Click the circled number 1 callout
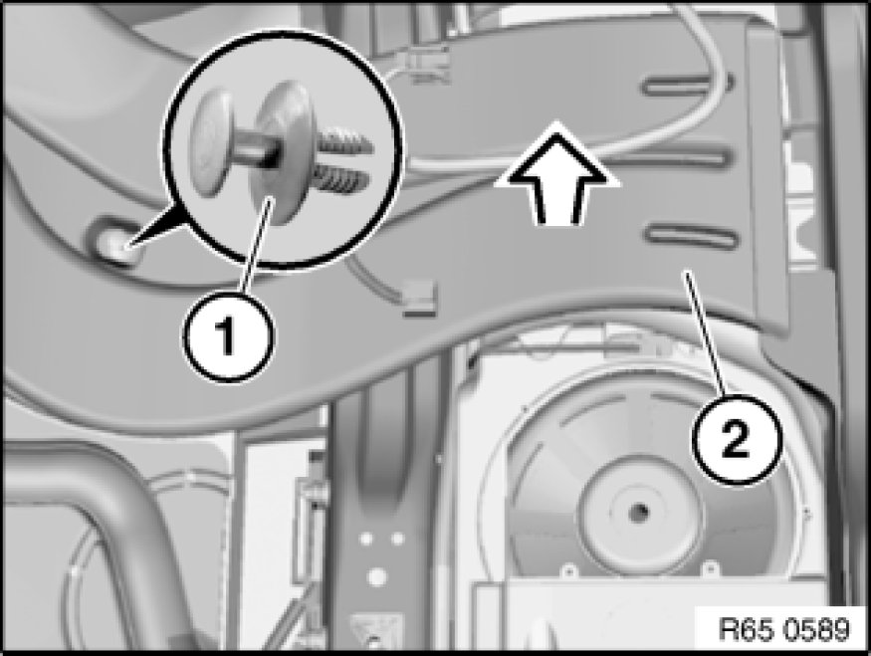click(228, 335)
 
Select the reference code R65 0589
click(783, 629)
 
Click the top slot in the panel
click(688, 84)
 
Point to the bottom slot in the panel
click(691, 236)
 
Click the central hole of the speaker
click(639, 510)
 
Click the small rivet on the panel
click(117, 245)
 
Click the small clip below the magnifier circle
click(420, 299)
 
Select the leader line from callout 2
click(706, 333)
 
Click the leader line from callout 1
click(256, 246)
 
